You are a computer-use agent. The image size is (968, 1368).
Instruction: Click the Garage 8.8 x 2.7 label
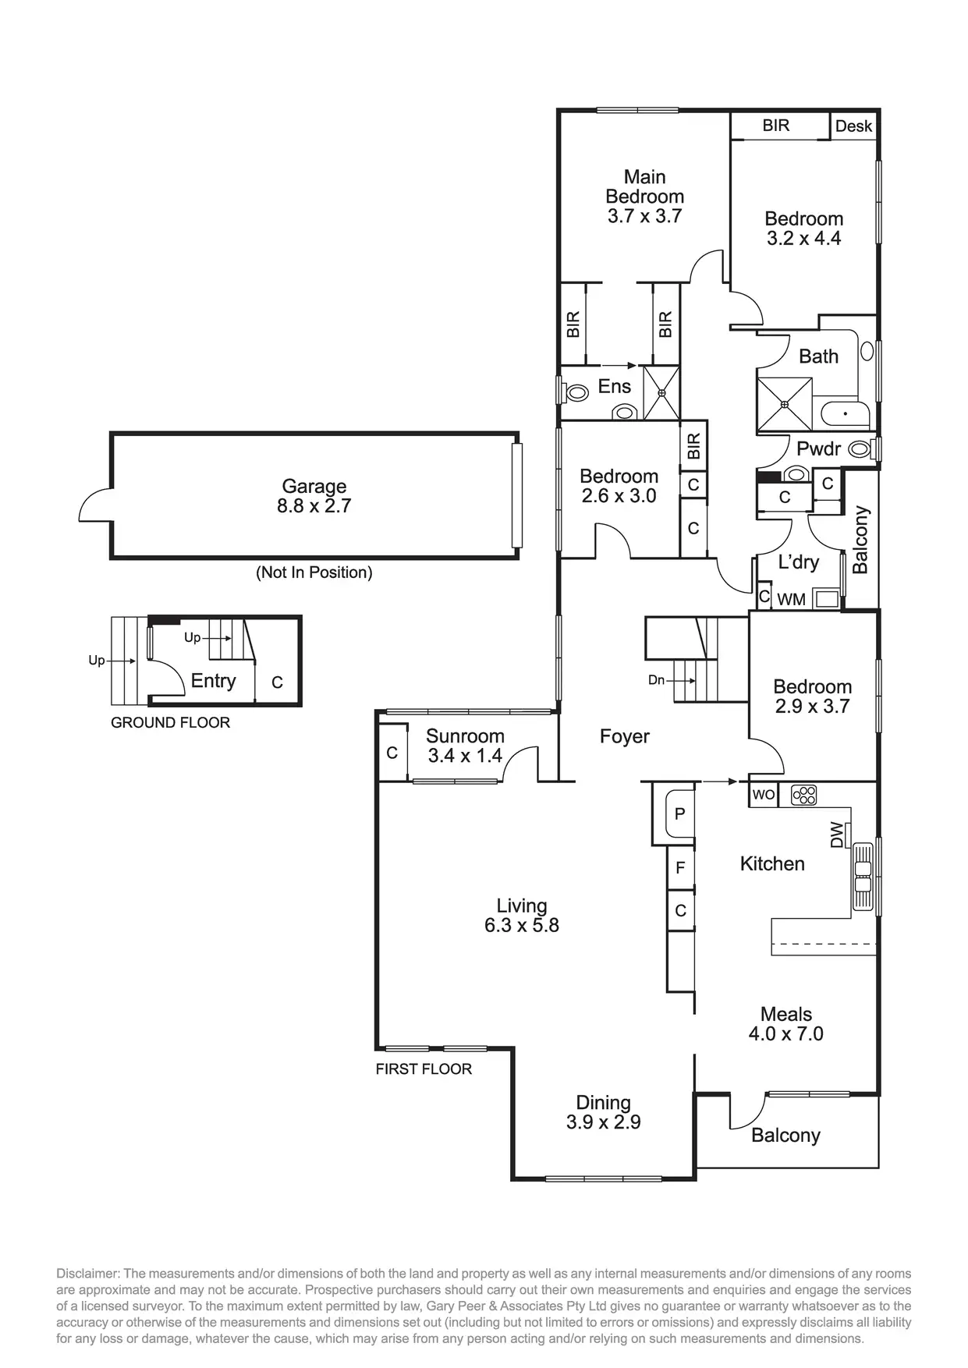314,496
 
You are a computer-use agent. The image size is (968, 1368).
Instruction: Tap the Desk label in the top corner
853,126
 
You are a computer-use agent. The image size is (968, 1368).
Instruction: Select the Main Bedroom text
644,187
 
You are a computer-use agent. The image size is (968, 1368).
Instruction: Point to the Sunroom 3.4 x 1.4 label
465,746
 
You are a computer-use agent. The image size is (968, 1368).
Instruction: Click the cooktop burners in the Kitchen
803,795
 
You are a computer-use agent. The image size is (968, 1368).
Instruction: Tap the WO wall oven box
764,795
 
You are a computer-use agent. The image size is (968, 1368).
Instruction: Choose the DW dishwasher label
837,835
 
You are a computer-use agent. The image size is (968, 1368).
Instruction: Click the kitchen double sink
863,876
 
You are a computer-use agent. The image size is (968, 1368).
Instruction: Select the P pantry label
679,814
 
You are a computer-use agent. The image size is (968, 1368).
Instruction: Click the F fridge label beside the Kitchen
680,867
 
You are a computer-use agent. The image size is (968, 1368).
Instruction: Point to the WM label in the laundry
792,600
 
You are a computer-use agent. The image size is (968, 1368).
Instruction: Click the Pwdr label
818,449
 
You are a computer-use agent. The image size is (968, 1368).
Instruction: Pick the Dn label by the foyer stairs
656,680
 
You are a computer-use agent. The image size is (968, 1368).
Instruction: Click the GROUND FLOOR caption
170,723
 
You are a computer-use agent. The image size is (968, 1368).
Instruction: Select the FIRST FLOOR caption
424,1069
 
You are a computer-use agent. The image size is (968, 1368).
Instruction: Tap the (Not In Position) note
314,572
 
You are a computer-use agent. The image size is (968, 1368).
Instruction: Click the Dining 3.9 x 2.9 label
603,1112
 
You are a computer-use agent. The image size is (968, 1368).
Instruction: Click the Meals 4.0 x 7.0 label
785,1024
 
